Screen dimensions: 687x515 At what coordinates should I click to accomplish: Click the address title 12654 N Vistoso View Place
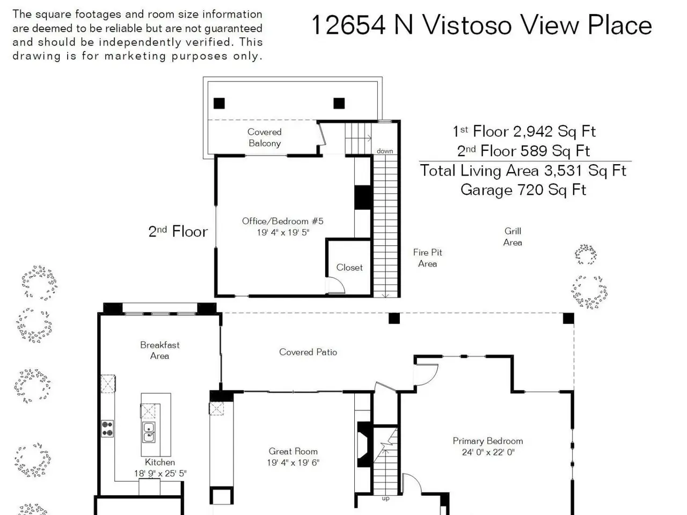(x=481, y=26)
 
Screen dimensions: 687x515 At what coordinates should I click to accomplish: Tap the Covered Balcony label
(x=265, y=137)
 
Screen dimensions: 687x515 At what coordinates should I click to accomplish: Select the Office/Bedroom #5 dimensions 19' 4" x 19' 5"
(x=283, y=233)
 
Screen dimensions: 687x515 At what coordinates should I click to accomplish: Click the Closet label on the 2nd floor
(x=349, y=267)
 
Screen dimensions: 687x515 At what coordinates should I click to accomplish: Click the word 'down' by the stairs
(x=385, y=151)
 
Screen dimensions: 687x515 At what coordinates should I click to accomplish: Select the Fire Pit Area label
(x=428, y=258)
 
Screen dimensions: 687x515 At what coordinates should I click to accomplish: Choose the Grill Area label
(x=513, y=237)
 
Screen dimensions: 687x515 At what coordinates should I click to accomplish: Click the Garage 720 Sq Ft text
(x=523, y=190)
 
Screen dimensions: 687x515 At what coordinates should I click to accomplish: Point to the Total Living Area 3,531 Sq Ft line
(x=523, y=171)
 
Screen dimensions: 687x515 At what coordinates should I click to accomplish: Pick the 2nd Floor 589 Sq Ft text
(x=523, y=151)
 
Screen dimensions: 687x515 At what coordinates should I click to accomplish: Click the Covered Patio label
(x=308, y=352)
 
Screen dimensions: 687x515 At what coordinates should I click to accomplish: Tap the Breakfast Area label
(x=159, y=350)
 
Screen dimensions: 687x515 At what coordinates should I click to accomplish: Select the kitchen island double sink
(x=148, y=432)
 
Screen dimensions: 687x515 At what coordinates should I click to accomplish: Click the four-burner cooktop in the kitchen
(x=107, y=429)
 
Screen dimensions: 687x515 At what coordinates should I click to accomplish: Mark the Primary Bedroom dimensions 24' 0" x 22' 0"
(x=488, y=452)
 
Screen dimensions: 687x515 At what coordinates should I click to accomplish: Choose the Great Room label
(x=293, y=451)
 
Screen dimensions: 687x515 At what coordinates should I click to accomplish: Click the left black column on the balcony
(x=219, y=103)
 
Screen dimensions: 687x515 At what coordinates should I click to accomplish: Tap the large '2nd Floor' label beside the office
(x=178, y=232)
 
